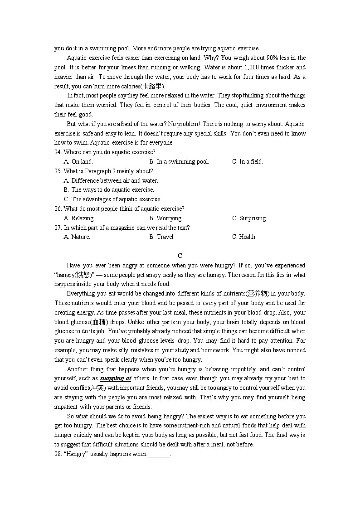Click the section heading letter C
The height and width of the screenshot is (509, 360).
click(180, 256)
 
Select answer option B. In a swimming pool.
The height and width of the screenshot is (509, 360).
click(179, 162)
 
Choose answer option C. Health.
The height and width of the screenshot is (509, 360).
click(244, 237)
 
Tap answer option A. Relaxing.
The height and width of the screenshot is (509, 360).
click(79, 218)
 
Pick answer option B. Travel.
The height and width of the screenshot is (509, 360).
click(162, 237)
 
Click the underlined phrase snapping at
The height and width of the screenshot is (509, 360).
click(116, 378)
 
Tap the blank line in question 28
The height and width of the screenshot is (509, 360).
click(159, 454)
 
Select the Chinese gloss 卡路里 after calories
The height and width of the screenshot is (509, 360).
click(152, 86)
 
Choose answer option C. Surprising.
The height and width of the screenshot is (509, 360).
click(249, 218)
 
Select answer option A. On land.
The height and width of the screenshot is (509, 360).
click(78, 162)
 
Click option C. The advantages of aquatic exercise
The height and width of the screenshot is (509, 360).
click(112, 199)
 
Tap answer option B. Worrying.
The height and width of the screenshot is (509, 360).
click(166, 218)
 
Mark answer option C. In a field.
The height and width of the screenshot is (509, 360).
click(248, 162)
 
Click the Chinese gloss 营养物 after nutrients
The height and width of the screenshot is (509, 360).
click(257, 294)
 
